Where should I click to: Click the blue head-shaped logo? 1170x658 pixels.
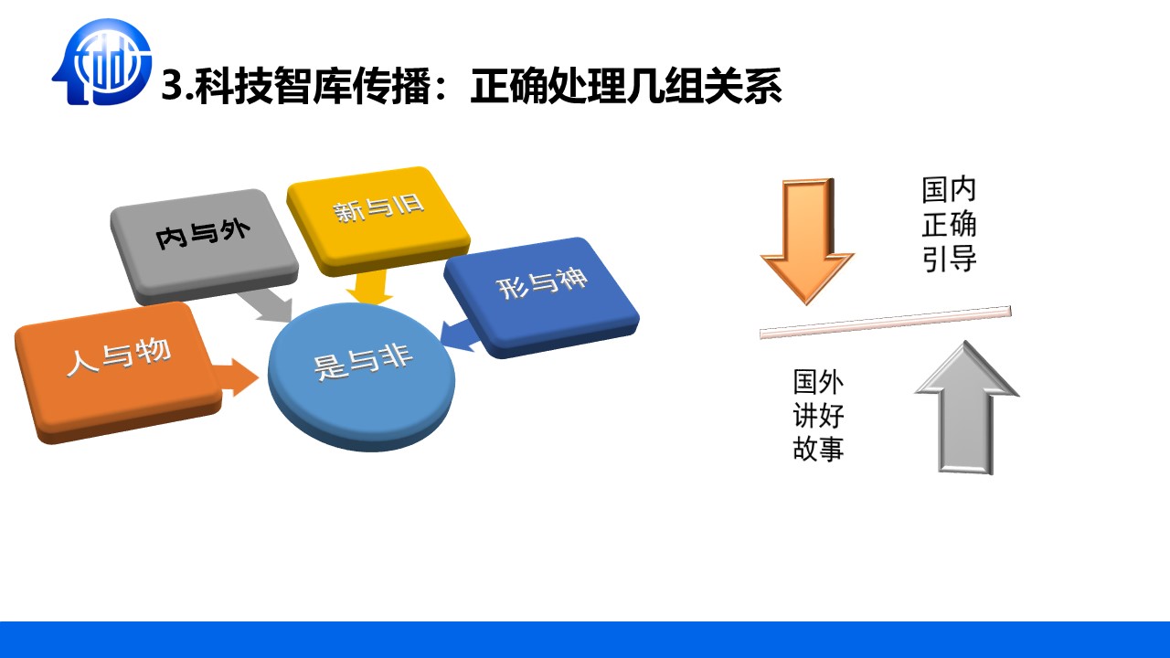(101, 61)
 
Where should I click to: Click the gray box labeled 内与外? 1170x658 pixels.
(204, 247)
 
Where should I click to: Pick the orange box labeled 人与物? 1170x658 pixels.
(118, 372)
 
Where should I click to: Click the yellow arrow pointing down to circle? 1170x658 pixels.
(369, 287)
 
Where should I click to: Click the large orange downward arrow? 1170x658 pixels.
(807, 241)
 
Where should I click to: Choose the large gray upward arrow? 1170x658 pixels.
(967, 408)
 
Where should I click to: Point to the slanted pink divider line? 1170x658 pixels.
(886, 323)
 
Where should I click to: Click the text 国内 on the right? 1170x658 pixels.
(949, 189)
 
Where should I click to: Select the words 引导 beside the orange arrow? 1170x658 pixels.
(949, 259)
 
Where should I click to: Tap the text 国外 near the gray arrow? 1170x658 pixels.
(818, 382)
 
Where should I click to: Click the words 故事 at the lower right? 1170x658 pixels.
(818, 448)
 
